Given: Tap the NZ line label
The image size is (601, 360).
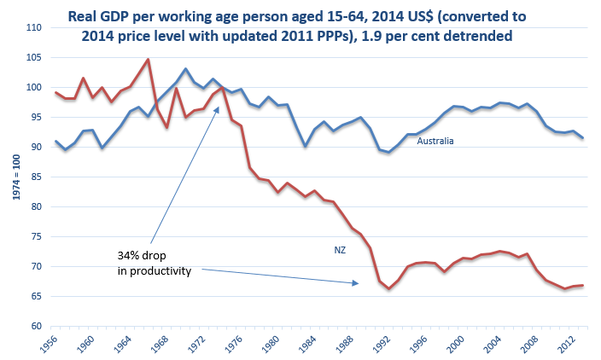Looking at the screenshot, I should pos(339,250).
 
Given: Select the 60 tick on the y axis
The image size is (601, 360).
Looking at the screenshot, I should pos(37,326).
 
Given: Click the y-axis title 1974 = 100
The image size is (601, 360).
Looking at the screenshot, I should pos(12,177).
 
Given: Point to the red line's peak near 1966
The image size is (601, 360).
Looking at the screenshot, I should pos(149,60).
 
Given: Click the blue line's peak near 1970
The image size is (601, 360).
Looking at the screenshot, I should pos(185,69).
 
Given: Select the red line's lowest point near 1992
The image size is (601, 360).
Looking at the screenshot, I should pos(388,288).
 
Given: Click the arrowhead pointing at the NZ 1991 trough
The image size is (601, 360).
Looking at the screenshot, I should pos(357,283).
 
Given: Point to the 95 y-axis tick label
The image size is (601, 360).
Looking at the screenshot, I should pos(37,118).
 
